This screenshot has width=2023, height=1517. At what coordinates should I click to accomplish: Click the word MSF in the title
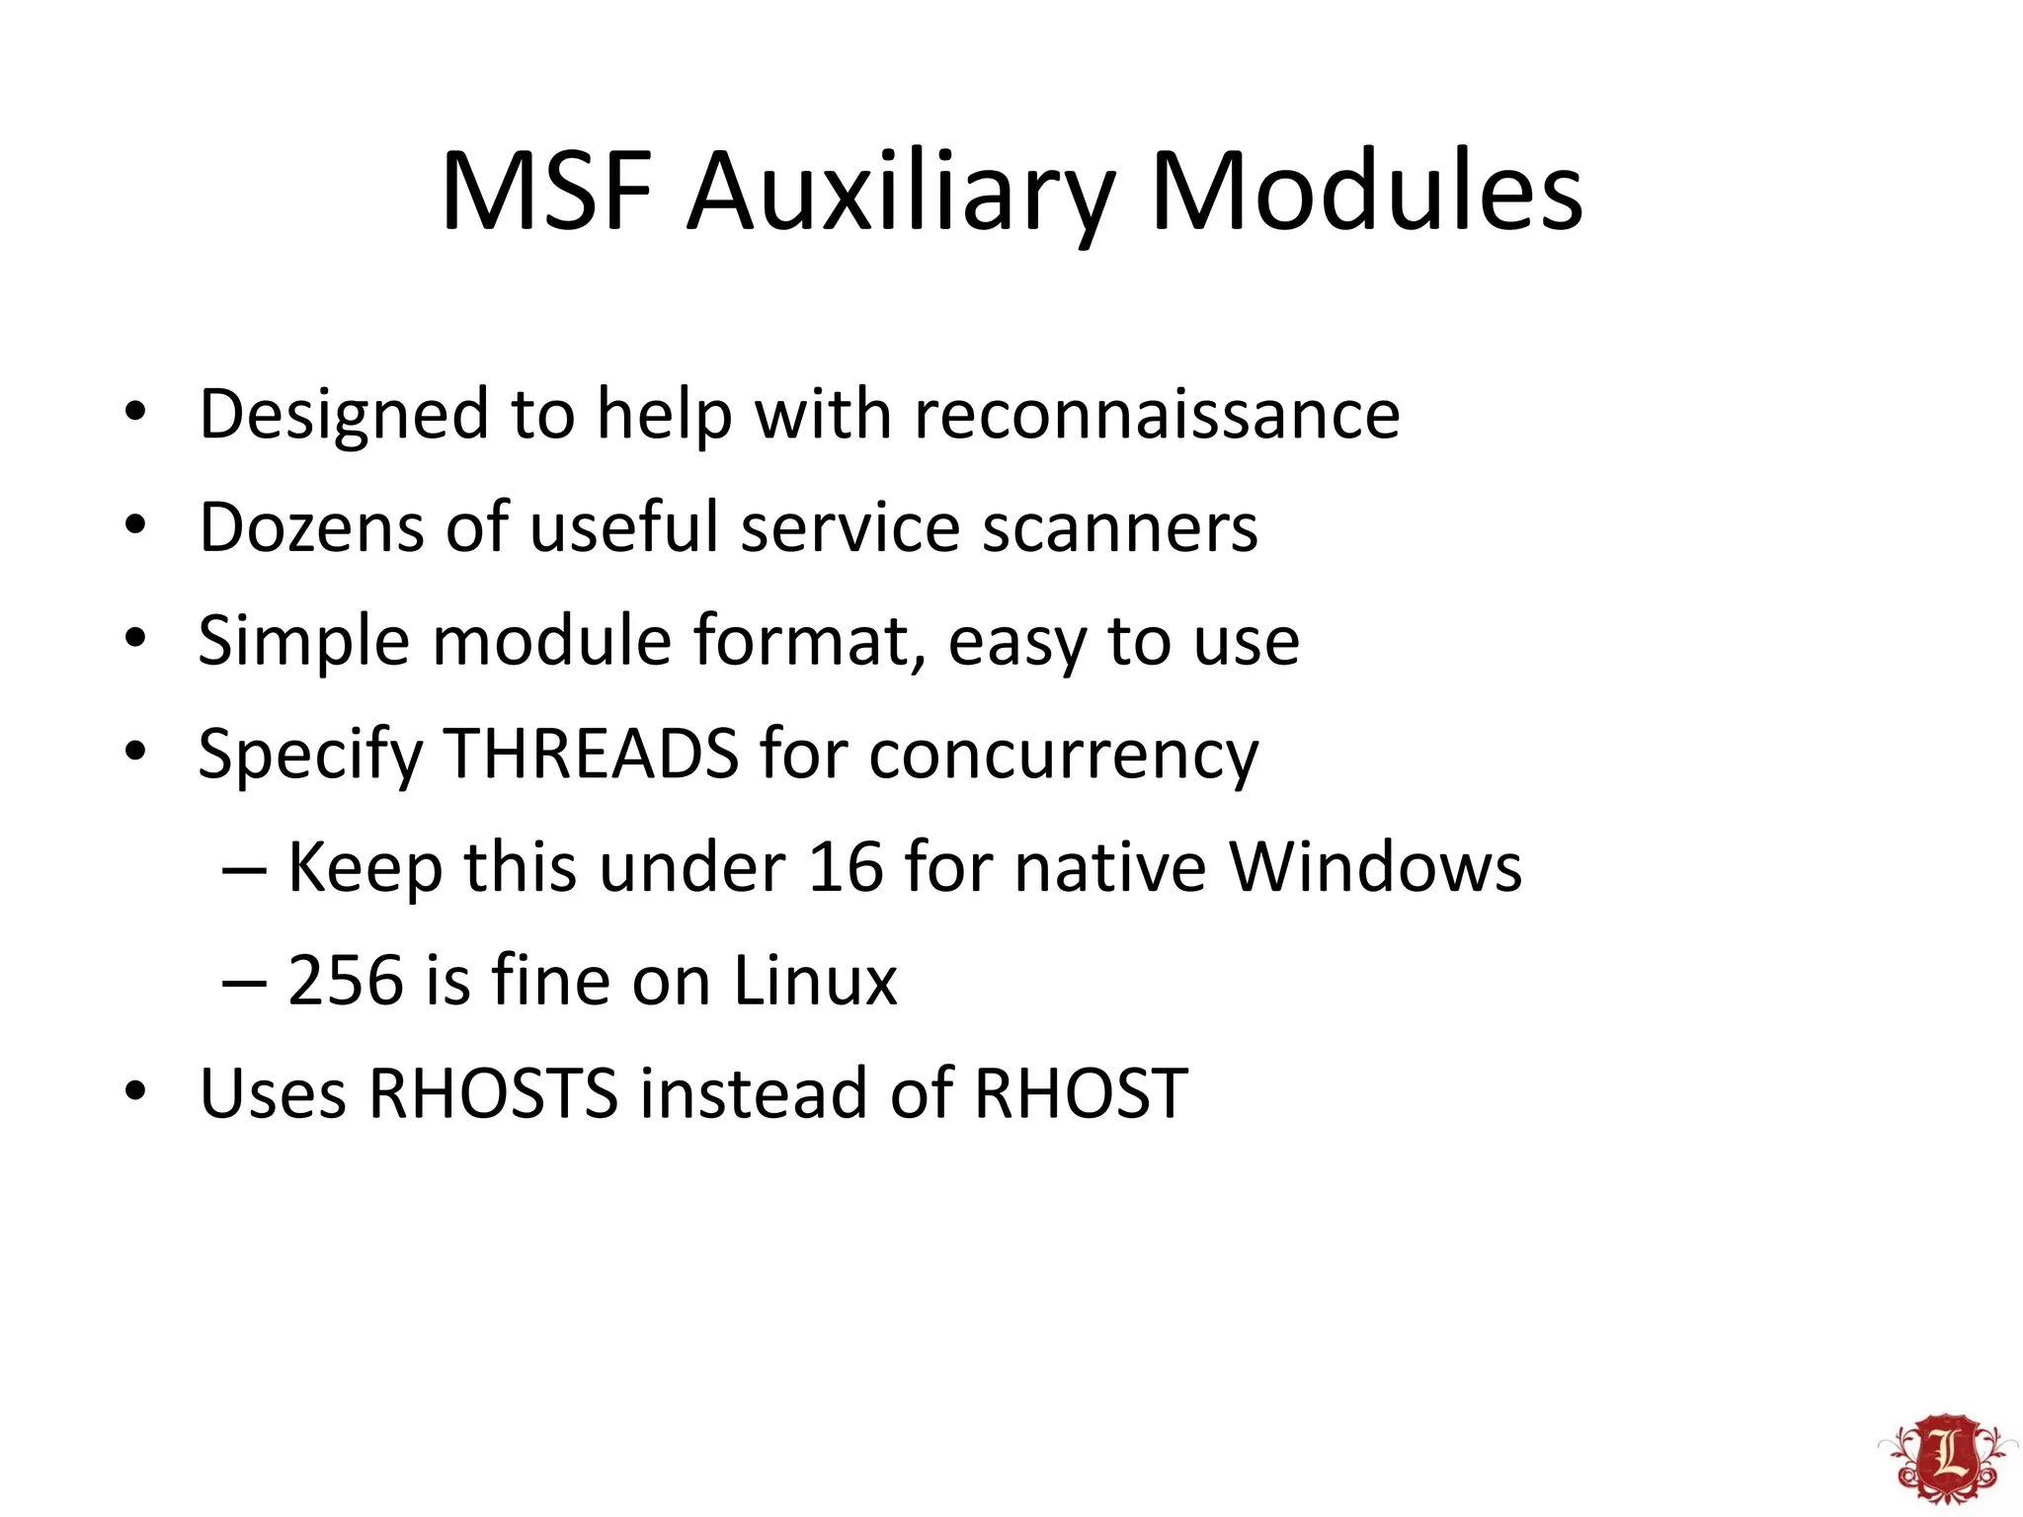tap(546, 192)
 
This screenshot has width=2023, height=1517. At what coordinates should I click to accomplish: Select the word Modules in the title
tap(1366, 192)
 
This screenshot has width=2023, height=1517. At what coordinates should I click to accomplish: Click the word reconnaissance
tap(1157, 414)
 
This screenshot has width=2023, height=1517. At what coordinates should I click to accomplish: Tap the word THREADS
tap(592, 754)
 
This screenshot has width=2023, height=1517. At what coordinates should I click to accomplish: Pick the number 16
tap(846, 867)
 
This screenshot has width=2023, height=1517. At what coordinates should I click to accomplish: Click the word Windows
tap(1375, 867)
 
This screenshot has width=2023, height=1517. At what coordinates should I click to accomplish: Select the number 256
tap(346, 981)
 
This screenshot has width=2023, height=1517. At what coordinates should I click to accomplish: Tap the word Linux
tap(815, 981)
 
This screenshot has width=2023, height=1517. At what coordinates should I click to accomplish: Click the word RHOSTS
tap(493, 1094)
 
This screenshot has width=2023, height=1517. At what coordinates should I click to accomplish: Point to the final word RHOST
tap(1081, 1094)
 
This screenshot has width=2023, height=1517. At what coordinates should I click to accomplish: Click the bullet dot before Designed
tap(135, 412)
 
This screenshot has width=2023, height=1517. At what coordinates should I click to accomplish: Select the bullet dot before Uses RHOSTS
tap(135, 1092)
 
